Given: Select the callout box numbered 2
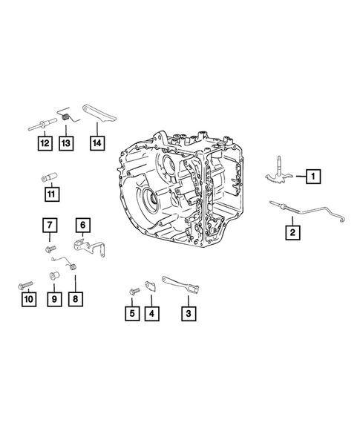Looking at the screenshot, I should tap(293, 233).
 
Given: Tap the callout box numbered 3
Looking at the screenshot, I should tap(189, 313).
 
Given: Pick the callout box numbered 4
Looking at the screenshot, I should tap(151, 313).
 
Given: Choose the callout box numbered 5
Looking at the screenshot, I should tap(131, 313).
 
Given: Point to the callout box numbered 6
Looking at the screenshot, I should tap(82, 224).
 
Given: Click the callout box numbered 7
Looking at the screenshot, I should tap(49, 224).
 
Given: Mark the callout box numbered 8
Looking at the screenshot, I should tap(76, 299).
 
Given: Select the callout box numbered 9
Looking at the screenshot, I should tap(53, 299).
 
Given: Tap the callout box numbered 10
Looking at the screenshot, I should tap(28, 299).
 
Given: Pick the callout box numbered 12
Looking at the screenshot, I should tap(45, 142).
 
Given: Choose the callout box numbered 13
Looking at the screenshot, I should tap(68, 142).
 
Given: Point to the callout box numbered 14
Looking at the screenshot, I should tap(96, 142).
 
